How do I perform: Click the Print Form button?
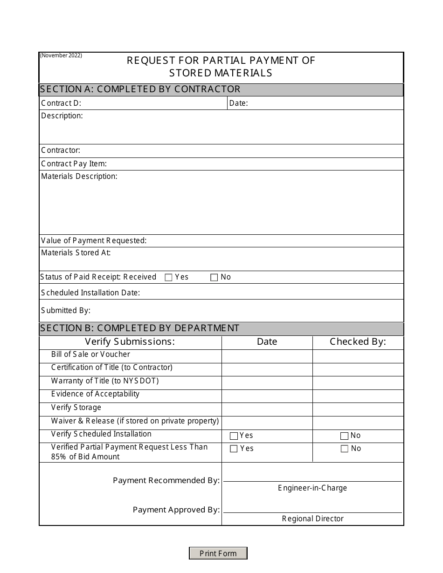218,553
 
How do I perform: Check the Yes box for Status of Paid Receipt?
168,278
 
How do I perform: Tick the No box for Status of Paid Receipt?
214,278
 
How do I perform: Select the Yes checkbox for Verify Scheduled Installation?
234,436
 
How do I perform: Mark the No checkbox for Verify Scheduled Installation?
344,436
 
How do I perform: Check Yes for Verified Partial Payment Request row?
234,449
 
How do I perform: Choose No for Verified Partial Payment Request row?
344,449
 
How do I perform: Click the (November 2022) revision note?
61,55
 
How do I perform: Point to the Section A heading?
140,89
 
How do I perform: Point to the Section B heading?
140,328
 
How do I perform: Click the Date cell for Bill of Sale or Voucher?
267,356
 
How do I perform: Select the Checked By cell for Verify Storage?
358,409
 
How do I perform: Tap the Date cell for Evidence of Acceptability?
267,396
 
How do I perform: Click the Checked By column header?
358,342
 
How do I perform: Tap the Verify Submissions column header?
130,342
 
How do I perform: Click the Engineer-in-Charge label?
312,488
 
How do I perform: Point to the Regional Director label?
312,519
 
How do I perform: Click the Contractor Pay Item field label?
74,164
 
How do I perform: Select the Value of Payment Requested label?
94,241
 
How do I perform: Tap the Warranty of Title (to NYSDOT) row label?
105,381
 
